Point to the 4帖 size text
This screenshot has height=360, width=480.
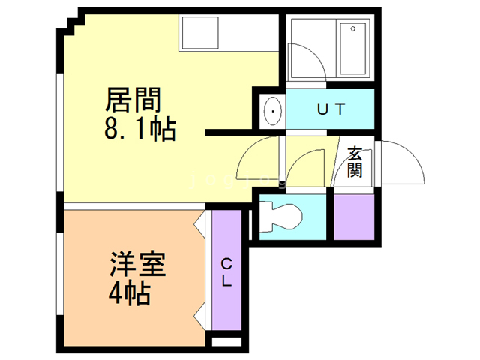tap(128, 292)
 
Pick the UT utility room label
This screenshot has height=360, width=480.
tap(331, 109)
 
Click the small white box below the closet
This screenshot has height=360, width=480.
tap(227, 341)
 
